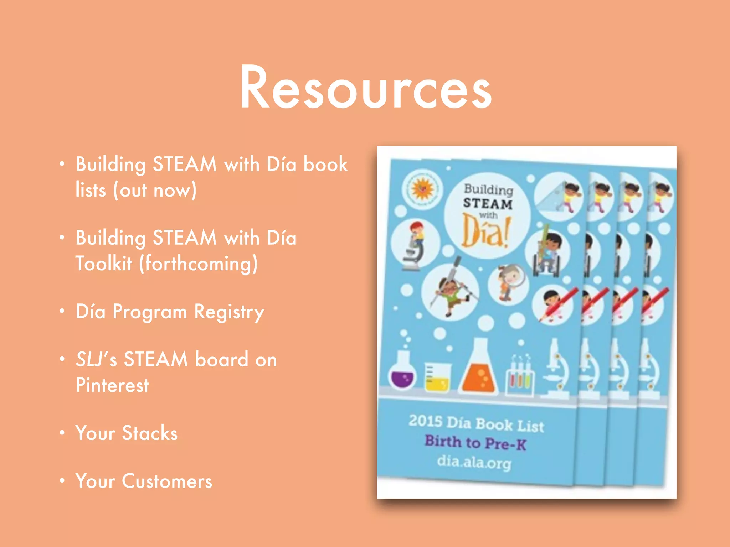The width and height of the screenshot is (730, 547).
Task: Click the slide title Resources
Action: pos(366,87)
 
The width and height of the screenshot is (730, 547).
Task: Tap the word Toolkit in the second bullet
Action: pos(104,264)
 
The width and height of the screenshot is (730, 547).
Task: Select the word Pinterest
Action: pos(112,385)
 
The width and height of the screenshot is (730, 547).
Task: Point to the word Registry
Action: pos(229,312)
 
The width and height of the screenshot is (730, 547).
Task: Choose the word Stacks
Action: pos(150,433)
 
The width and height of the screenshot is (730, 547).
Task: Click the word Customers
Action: pos(167,481)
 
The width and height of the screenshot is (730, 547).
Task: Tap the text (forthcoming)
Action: pos(198,264)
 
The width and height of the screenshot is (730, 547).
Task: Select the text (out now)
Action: pos(155,190)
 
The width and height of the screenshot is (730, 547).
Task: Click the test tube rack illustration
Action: pos(520,379)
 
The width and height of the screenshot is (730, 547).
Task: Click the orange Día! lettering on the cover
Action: pos(485,231)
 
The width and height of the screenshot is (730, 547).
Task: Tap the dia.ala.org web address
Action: pos(474,462)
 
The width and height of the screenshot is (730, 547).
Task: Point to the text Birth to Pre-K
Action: pos(475,443)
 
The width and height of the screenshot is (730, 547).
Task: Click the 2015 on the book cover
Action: pos(425,421)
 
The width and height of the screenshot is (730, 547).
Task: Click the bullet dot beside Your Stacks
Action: pos(62,432)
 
